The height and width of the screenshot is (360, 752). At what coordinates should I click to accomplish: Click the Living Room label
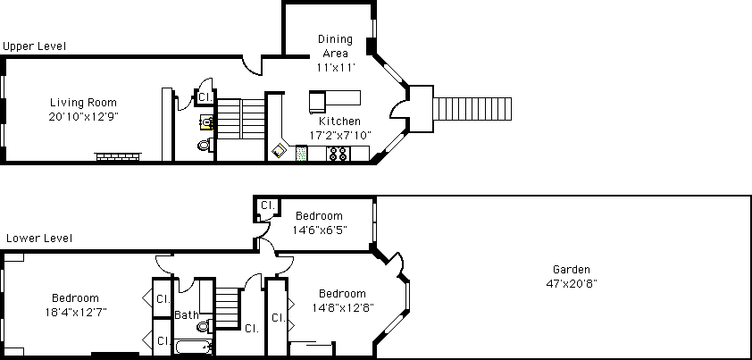[83, 102]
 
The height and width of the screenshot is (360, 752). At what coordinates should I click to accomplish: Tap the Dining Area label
[335, 46]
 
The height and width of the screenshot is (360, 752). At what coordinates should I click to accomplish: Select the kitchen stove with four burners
[338, 154]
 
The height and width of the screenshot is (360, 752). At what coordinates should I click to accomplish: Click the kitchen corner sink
[279, 151]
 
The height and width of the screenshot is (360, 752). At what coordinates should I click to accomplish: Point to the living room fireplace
[118, 156]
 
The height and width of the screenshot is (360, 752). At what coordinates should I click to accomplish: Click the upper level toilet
[205, 144]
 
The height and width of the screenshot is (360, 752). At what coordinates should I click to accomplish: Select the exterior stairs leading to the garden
[472, 109]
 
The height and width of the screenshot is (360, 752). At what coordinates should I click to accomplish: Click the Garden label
[572, 269]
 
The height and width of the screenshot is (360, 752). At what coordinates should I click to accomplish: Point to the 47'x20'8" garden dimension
[572, 284]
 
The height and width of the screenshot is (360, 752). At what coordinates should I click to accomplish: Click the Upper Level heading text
[35, 46]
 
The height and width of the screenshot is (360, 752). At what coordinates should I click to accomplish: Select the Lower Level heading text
[39, 239]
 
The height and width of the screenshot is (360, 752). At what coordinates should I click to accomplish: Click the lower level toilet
[205, 326]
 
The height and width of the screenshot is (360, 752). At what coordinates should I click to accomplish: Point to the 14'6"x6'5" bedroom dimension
[320, 230]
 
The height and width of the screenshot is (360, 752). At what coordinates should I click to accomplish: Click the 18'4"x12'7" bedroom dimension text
[76, 313]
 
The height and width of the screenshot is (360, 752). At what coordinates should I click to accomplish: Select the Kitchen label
[339, 121]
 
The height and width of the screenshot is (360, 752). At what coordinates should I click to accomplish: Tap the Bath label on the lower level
[186, 315]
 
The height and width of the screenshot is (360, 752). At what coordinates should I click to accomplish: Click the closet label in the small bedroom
[268, 205]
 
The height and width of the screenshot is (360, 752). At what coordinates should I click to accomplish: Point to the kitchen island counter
[335, 102]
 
